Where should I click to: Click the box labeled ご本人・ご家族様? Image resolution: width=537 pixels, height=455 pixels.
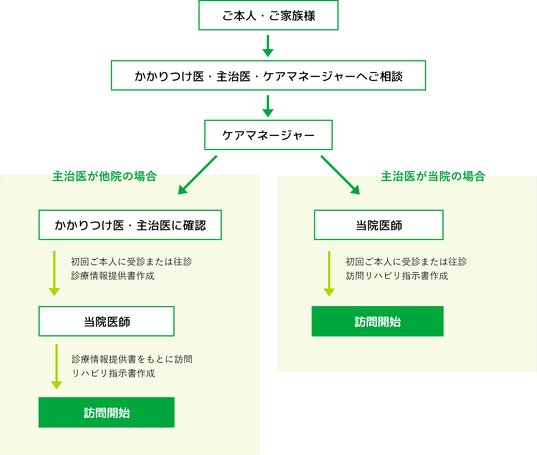(x=268, y=15)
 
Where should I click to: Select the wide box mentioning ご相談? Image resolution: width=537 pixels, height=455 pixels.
(x=268, y=76)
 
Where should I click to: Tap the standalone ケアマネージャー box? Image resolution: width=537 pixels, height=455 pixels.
(x=268, y=135)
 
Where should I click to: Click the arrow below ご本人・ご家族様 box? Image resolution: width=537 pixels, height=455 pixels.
(x=268, y=46)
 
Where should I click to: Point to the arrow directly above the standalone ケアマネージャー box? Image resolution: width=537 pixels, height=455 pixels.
(x=268, y=106)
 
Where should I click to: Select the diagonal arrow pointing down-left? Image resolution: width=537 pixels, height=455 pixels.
(x=198, y=175)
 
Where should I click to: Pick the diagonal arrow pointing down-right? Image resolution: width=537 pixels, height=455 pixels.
(x=340, y=175)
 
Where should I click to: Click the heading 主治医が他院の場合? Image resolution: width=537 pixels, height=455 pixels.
(x=104, y=176)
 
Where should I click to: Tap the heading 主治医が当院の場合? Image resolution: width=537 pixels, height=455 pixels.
(x=433, y=176)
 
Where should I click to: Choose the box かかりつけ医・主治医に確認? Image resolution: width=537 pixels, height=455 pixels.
(x=130, y=225)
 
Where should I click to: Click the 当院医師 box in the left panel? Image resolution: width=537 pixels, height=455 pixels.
(x=107, y=321)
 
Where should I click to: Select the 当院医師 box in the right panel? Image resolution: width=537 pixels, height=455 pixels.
(x=379, y=225)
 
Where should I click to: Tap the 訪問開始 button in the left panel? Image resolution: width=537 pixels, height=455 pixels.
(x=107, y=412)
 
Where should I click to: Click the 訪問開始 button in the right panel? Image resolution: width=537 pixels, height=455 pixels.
(x=378, y=321)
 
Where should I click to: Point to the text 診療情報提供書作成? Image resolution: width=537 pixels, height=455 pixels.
(x=113, y=276)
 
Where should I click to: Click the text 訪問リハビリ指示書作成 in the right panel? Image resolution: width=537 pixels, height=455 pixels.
(x=397, y=276)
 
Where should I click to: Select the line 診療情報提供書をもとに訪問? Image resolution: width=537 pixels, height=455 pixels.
(x=132, y=359)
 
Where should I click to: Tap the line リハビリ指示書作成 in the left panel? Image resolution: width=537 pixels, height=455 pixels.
(x=114, y=373)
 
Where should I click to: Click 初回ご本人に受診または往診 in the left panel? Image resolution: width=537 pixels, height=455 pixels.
(x=131, y=262)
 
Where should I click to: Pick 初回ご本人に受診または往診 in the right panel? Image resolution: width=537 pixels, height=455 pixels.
(x=406, y=262)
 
